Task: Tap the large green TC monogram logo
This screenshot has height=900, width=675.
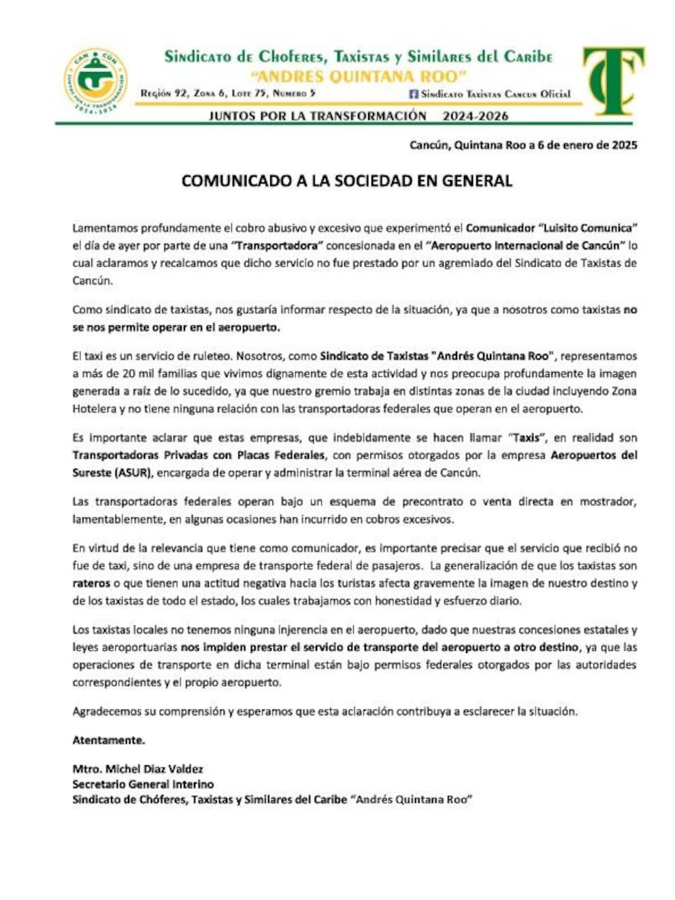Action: click(613, 80)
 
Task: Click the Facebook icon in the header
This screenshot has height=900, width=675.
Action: click(413, 94)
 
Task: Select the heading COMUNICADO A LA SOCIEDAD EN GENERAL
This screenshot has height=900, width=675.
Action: click(346, 181)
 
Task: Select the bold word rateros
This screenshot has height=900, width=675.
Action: click(90, 583)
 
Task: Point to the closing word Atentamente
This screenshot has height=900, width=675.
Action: click(109, 740)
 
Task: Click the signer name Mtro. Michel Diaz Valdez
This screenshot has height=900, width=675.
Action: click(137, 769)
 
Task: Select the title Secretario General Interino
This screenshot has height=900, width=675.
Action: click(143, 784)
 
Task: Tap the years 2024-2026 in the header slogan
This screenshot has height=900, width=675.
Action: click(475, 116)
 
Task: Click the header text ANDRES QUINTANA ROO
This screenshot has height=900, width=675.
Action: click(358, 75)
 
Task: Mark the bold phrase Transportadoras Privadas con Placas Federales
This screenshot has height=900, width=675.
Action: click(199, 455)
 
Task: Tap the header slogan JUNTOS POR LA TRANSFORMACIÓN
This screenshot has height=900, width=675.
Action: click(317, 116)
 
